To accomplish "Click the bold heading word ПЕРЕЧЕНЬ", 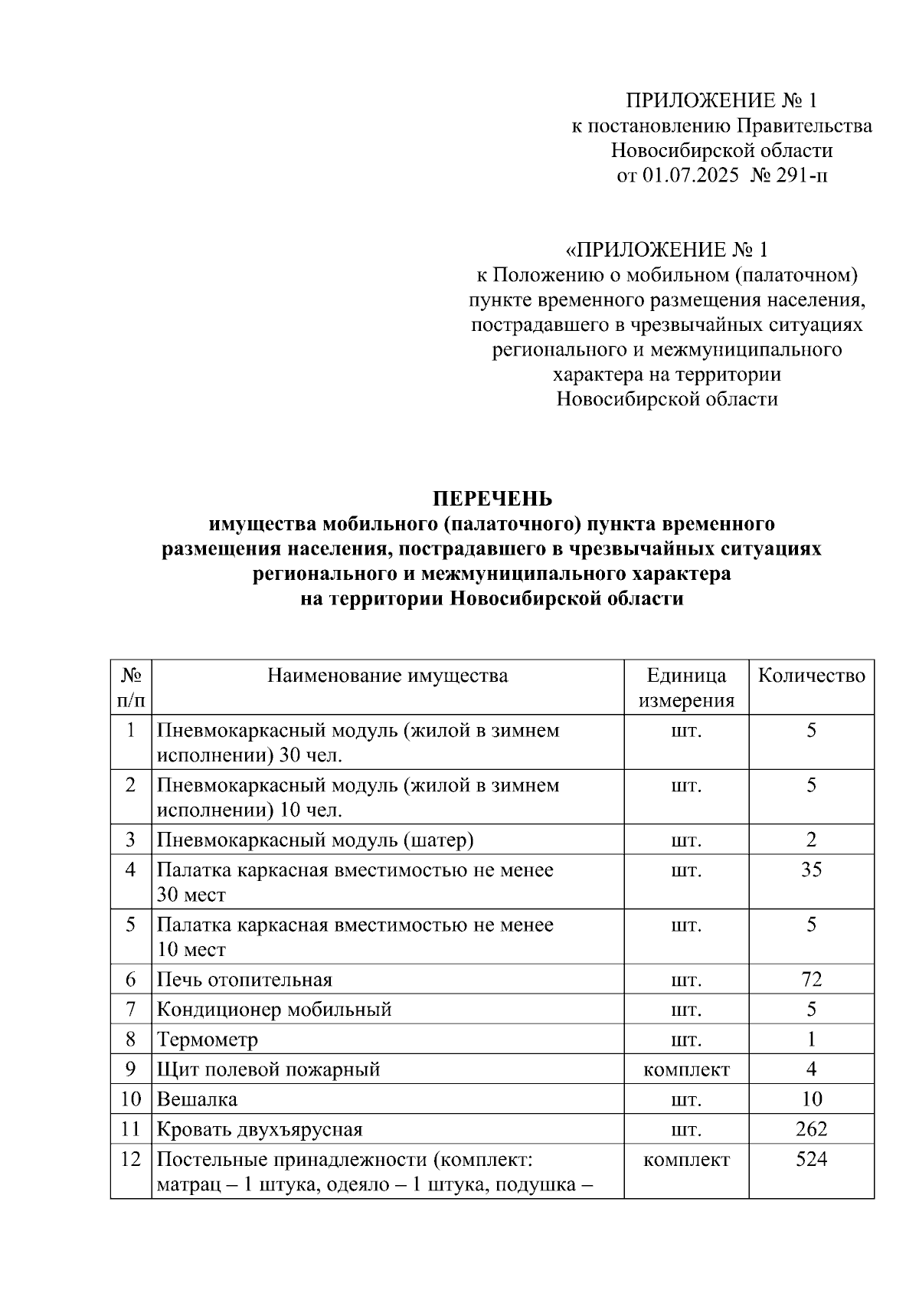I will coord(492,499).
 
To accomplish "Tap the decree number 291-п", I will coord(801,176).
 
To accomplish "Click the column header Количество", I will coord(811,676).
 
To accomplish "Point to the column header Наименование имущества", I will coord(388,676).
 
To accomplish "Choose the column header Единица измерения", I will coord(686,688).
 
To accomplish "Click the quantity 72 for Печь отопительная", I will coord(811,979).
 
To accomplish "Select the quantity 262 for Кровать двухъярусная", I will coord(811,1129).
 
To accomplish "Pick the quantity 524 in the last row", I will coord(811,1159).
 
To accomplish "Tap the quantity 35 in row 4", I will coord(811,869).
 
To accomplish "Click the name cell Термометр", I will coord(208,1040).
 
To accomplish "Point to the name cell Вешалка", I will coord(197,1099).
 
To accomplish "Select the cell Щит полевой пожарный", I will coord(268,1069).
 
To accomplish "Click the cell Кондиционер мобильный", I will coord(274,1010).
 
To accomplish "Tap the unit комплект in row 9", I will coord(686,1069).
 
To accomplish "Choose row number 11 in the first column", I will coord(131,1129).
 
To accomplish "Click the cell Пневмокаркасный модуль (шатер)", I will coord(315,840).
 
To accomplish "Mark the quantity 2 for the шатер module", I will coord(811,840).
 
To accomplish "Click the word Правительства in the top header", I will coord(804,126).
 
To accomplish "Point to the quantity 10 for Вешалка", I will coord(811,1099).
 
